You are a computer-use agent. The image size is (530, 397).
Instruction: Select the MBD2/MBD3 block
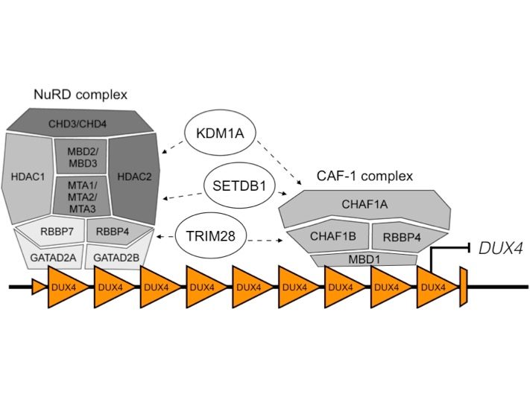[x=83, y=154]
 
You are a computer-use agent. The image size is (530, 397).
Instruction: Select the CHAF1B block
[x=328, y=237]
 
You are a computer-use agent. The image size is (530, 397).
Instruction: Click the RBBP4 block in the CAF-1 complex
[x=403, y=237]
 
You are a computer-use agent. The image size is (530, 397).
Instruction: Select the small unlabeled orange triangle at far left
[x=37, y=285]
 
